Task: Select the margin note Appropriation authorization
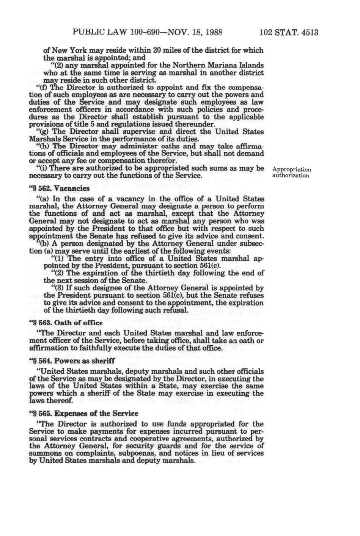(x=292, y=172)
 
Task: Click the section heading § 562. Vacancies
(x=60, y=188)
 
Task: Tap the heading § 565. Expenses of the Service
(x=83, y=413)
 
